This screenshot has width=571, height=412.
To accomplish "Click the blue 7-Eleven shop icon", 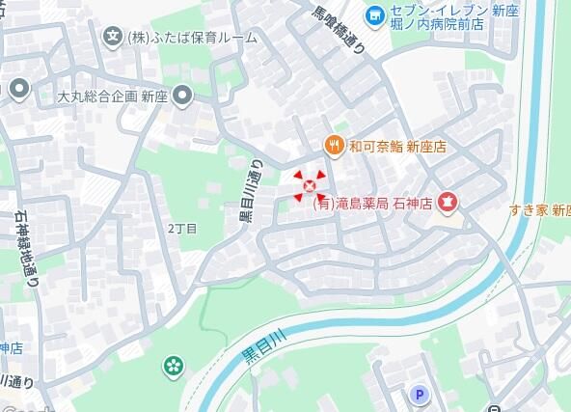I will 373,15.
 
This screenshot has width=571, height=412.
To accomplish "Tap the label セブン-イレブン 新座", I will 440,9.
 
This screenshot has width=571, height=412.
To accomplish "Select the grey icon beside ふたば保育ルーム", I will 113,38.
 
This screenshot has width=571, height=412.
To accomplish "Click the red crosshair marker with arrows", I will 310,185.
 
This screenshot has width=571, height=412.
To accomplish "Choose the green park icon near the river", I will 174,366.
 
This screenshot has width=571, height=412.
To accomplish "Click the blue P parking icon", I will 420,394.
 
